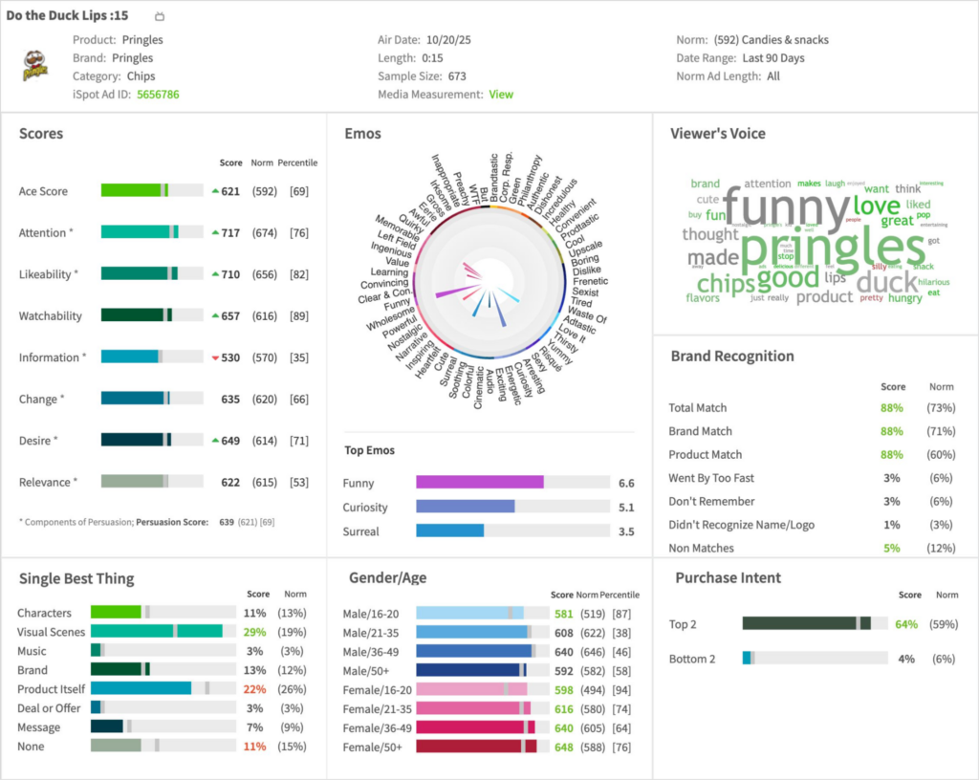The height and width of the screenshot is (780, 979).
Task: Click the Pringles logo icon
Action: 35,65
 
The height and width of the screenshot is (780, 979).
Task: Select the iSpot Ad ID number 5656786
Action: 158,95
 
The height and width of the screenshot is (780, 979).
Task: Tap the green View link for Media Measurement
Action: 501,95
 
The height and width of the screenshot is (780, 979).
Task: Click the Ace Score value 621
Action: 229,191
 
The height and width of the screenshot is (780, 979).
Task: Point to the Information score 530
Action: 229,357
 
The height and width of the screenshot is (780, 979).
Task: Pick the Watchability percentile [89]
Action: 298,315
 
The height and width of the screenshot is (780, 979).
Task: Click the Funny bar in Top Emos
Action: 479,483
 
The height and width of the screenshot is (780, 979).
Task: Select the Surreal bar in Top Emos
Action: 449,531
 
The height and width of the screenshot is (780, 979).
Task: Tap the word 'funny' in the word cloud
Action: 786,206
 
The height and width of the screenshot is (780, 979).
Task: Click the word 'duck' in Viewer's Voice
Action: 886,282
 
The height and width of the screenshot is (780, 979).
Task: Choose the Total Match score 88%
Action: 892,408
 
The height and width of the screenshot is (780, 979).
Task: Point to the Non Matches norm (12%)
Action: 942,548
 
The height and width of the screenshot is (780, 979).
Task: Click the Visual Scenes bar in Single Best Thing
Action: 157,632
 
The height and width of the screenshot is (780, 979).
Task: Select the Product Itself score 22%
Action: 254,689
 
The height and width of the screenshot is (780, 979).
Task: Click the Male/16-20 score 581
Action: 563,613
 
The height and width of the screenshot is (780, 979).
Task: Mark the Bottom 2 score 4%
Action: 906,659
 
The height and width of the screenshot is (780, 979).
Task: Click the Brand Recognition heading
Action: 731,357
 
